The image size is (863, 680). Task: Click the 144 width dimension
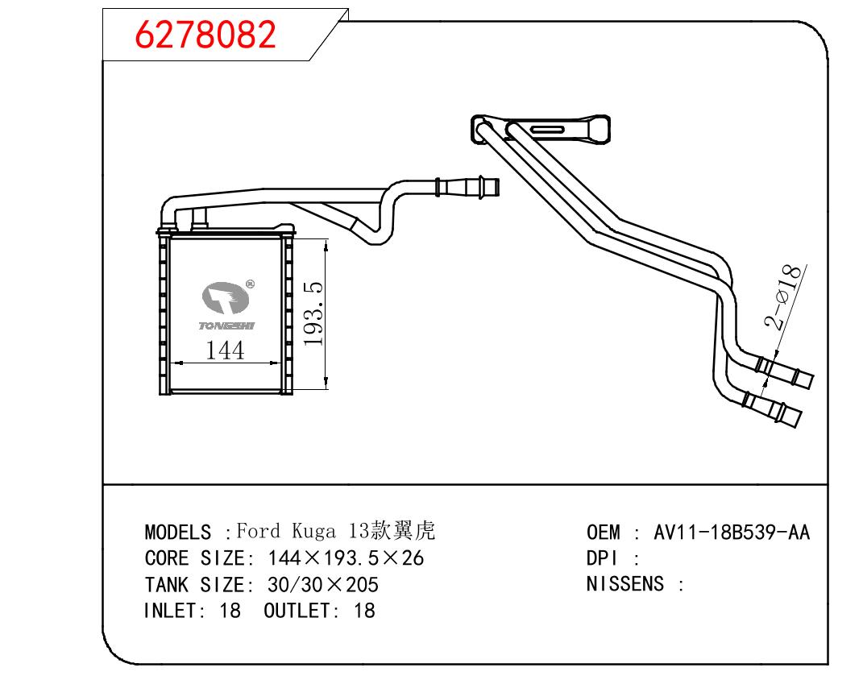[225, 350]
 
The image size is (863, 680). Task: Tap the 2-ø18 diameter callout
[782, 298]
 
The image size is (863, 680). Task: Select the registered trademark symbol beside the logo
[250, 284]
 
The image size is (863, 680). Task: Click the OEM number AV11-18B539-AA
[731, 533]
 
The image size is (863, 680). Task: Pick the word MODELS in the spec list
[177, 533]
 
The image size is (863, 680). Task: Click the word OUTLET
[297, 610]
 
